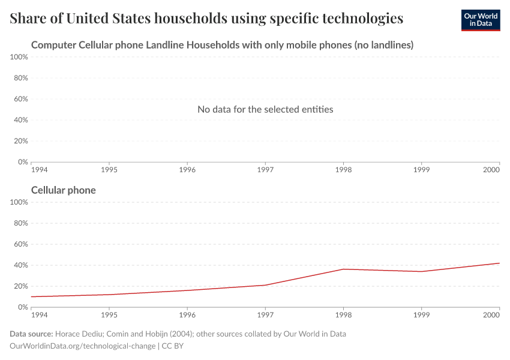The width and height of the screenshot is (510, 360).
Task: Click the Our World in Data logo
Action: click(480, 20)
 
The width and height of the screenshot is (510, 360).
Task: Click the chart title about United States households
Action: click(206, 19)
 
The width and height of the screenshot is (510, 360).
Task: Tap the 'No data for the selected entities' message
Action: click(265, 109)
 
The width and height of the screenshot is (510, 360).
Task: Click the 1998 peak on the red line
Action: click(343, 269)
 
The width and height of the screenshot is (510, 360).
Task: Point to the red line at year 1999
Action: click(421, 271)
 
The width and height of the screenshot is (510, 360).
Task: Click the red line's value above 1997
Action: click(265, 285)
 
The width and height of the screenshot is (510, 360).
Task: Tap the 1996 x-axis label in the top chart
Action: click(187, 170)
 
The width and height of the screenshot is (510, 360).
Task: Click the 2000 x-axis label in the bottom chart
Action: click(491, 315)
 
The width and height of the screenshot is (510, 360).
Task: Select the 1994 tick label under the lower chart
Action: click(40, 315)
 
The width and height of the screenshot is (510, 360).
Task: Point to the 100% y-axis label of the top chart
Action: click(19, 57)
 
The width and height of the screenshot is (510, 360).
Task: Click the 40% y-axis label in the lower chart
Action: click(20, 265)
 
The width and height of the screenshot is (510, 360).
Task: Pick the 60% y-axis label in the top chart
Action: click(20, 99)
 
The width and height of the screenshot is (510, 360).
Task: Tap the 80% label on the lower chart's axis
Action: click(20, 223)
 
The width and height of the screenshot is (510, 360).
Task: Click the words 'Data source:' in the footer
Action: click(31, 334)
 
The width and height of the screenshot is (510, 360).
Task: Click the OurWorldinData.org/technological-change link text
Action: click(83, 346)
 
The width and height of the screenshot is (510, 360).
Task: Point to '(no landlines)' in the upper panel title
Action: click(384, 45)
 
